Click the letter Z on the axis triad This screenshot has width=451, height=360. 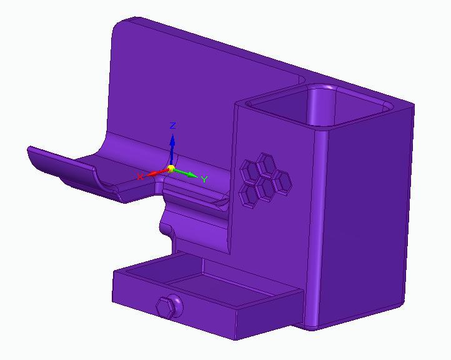pos(173,126)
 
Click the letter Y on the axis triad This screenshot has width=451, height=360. pos(204,180)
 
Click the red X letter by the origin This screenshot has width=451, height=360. pos(140,177)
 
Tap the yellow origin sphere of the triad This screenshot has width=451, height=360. pos(171,169)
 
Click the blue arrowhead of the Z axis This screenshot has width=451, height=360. pos(172,141)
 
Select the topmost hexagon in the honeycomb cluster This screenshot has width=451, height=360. pos(269,162)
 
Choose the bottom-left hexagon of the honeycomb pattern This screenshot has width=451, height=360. pos(250,194)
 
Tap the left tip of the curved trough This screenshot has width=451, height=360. pos(30,150)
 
